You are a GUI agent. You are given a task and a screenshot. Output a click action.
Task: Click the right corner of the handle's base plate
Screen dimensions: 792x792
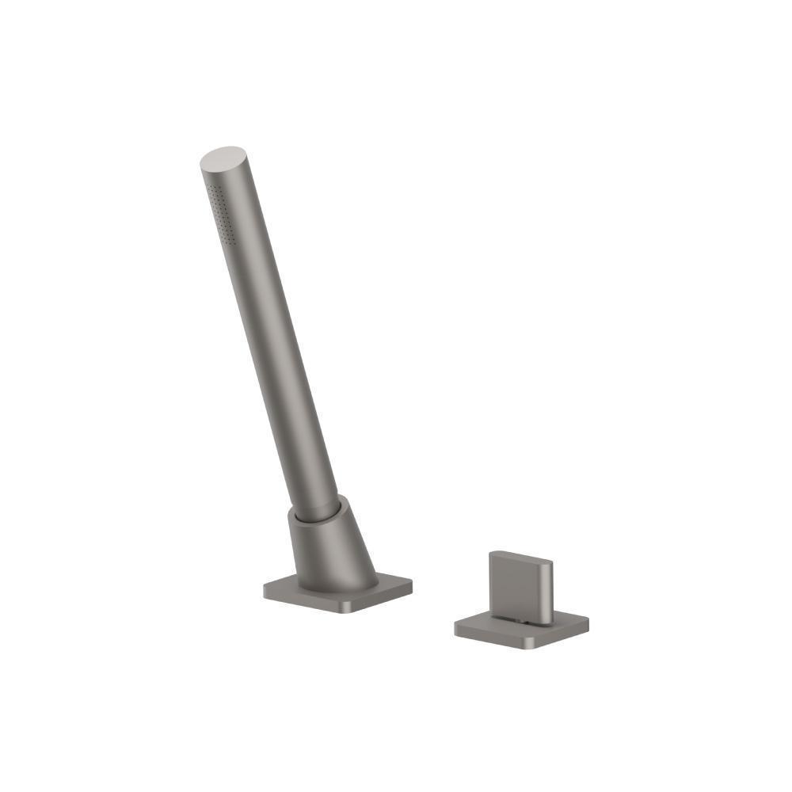tap(586, 621)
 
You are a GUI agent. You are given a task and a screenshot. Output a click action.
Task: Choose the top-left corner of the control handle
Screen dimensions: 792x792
tap(492, 554)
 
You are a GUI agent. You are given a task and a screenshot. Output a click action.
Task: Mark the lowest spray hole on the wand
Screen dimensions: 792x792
tap(230, 238)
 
